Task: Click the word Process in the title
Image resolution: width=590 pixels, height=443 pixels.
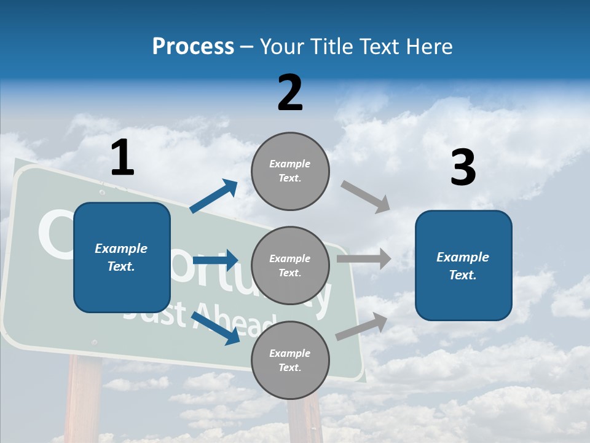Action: [193, 47]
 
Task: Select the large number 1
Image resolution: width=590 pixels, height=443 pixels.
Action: [122, 158]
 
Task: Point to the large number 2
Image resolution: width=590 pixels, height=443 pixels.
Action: [290, 93]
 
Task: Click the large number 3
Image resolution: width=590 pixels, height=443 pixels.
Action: [463, 168]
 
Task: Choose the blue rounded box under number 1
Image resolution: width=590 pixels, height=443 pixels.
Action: [122, 257]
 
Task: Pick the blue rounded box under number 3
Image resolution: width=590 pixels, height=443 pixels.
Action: [463, 266]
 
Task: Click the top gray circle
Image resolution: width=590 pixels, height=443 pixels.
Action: [290, 171]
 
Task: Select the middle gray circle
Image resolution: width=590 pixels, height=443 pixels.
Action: [290, 266]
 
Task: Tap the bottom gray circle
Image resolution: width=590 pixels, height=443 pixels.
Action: [290, 361]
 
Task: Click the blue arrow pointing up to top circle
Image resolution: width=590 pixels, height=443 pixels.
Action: [214, 196]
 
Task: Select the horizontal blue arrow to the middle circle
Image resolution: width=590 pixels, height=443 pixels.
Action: [215, 260]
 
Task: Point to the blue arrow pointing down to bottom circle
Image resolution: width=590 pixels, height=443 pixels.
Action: [216, 327]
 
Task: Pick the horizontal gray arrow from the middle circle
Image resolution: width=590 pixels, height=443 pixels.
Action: [364, 259]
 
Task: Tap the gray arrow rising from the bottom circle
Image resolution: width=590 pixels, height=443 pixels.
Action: [362, 326]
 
